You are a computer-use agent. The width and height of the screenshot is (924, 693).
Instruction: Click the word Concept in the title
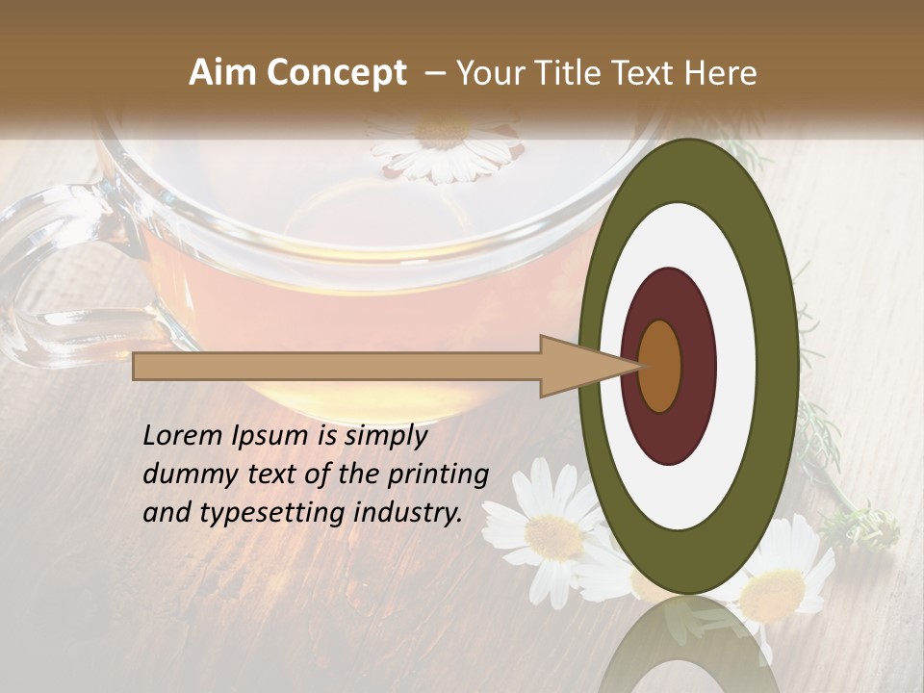336,73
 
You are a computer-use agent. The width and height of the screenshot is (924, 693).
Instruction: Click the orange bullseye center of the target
660,366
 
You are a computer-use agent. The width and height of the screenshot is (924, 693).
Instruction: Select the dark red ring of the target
698,366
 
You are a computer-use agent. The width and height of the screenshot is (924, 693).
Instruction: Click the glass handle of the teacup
38,289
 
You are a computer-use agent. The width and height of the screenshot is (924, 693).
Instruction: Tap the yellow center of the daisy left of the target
554,535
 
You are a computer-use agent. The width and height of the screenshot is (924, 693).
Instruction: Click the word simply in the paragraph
385,437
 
